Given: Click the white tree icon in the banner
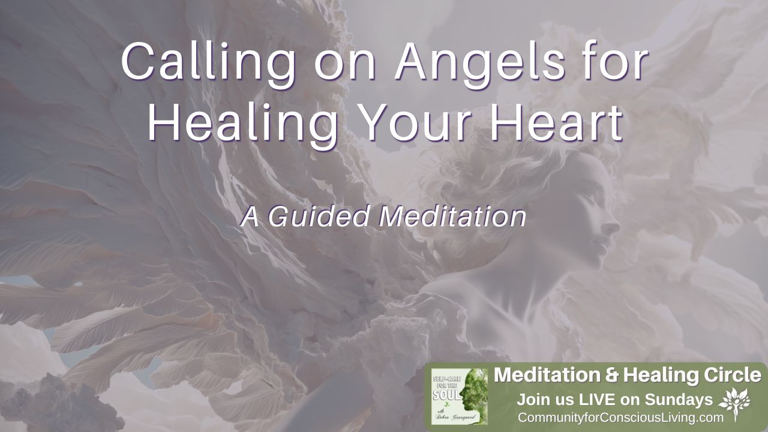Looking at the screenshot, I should (x=734, y=401).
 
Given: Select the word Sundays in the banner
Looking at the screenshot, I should (x=679, y=399).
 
